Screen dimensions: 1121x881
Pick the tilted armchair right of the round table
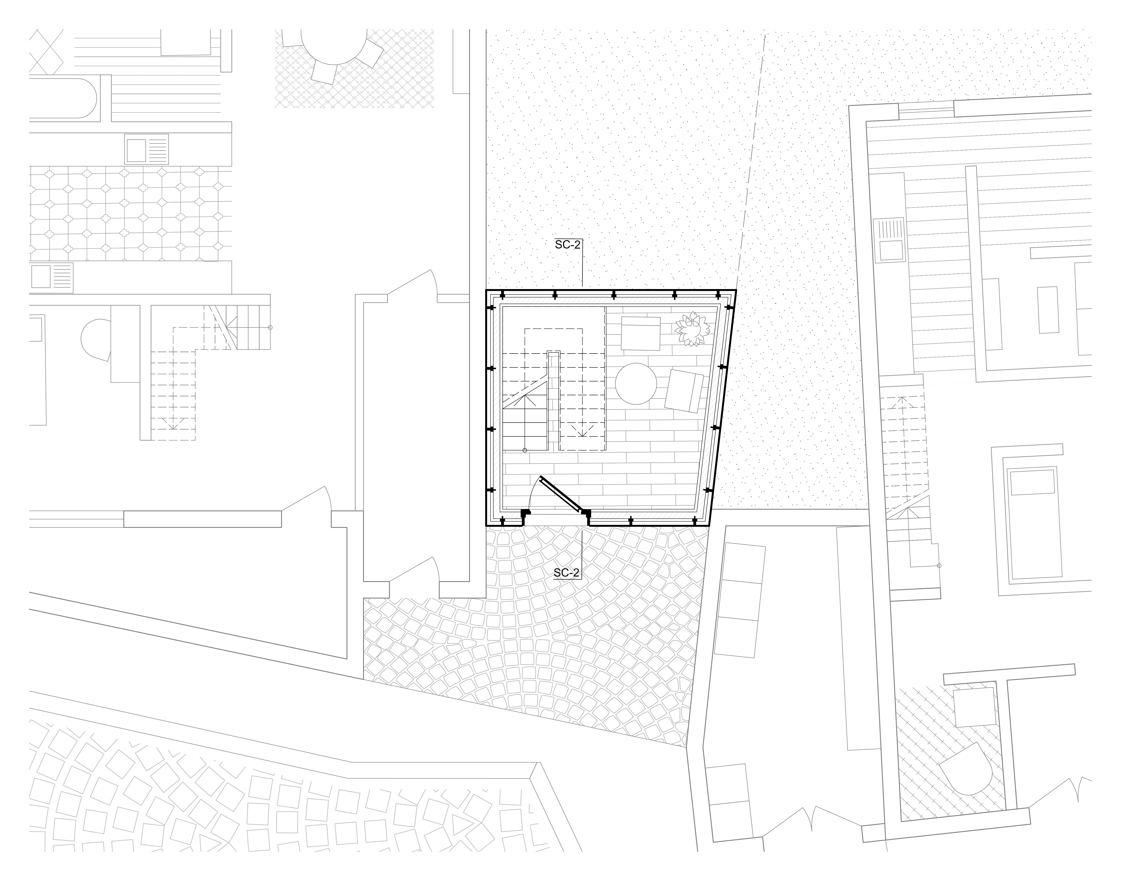coord(684,391)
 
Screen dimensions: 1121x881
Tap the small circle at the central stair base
coord(525,450)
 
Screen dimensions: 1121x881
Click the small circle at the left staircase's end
coord(270,327)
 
